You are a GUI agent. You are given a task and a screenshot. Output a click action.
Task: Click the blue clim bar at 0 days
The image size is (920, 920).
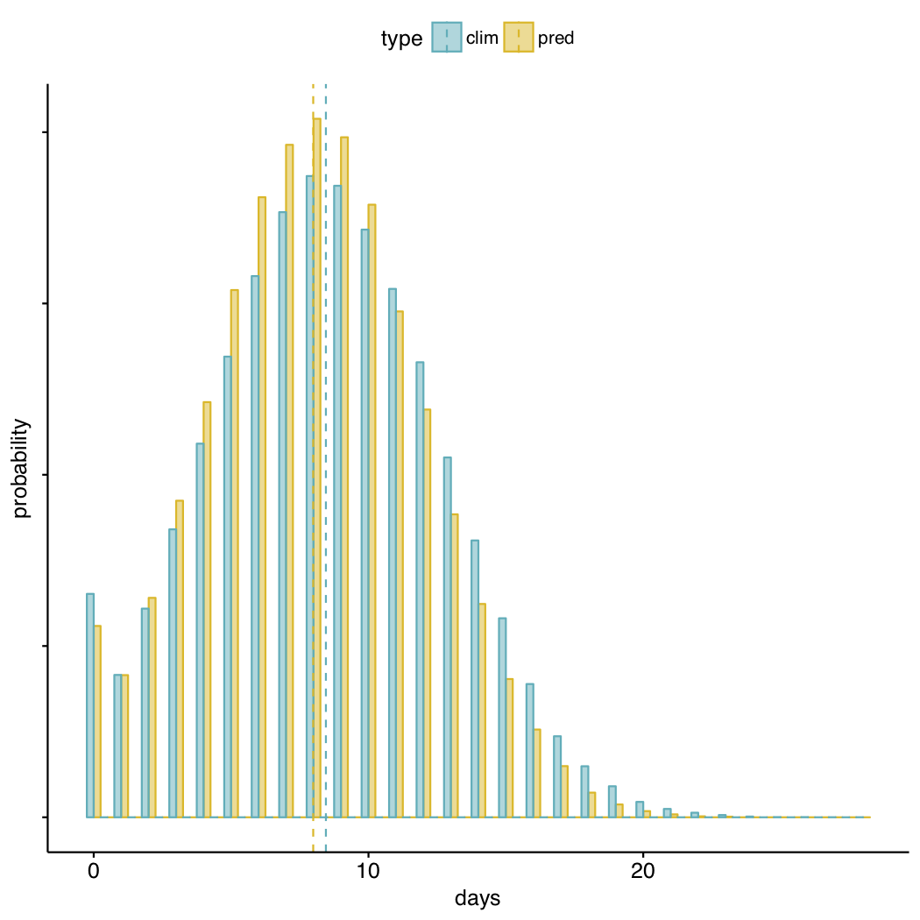pos(90,705)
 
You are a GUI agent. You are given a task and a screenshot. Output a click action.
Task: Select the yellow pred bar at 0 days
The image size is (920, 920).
pos(97,721)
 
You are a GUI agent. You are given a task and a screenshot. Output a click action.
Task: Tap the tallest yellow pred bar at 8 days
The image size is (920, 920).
pos(317,469)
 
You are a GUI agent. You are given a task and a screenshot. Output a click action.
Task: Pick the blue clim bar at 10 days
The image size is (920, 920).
pos(365,523)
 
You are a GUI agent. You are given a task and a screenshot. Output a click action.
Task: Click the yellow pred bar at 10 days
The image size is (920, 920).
pos(372,511)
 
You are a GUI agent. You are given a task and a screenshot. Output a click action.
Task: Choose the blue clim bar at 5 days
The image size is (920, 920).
pos(228,586)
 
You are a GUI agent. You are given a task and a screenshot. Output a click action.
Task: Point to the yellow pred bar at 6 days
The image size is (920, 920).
pos(261,507)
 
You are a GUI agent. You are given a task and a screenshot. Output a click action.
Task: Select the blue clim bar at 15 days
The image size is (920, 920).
pos(502,718)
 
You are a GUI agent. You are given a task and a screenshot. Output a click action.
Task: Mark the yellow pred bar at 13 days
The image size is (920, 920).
pos(455,665)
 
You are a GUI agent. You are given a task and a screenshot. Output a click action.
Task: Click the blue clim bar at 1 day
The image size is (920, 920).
pos(117,746)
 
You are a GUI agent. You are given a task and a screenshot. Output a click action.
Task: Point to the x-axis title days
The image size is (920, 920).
pos(478,898)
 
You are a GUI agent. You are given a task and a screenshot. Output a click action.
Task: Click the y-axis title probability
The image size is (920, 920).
pos(22,468)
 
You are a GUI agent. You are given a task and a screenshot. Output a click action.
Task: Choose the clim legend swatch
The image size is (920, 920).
pos(447,38)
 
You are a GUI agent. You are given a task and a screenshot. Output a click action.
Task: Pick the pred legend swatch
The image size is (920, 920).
pos(519,38)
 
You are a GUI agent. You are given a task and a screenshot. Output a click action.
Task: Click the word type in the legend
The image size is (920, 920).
pos(402,39)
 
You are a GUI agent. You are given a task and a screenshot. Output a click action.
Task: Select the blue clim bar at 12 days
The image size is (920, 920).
pos(420,589)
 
